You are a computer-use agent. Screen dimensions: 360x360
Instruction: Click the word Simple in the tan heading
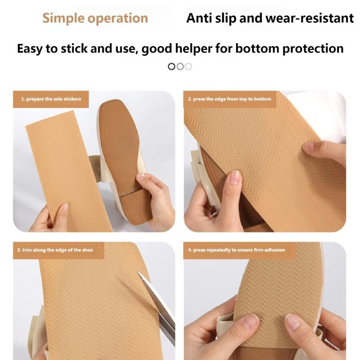[63, 18]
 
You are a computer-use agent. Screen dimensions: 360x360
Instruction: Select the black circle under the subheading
[171, 67]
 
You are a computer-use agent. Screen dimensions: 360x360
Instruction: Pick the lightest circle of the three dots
[188, 67]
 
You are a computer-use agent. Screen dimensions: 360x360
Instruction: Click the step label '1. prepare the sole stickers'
[51, 99]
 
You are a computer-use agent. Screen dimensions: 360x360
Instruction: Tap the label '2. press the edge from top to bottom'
[229, 99]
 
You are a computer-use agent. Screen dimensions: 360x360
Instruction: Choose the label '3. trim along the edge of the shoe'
[55, 250]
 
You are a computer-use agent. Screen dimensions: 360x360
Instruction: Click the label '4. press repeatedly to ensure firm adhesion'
[237, 250]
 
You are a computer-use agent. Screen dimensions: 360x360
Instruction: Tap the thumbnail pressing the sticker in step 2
[235, 178]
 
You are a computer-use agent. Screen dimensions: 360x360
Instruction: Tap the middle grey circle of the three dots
[180, 67]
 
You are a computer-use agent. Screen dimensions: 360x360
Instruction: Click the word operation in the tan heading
[118, 18]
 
